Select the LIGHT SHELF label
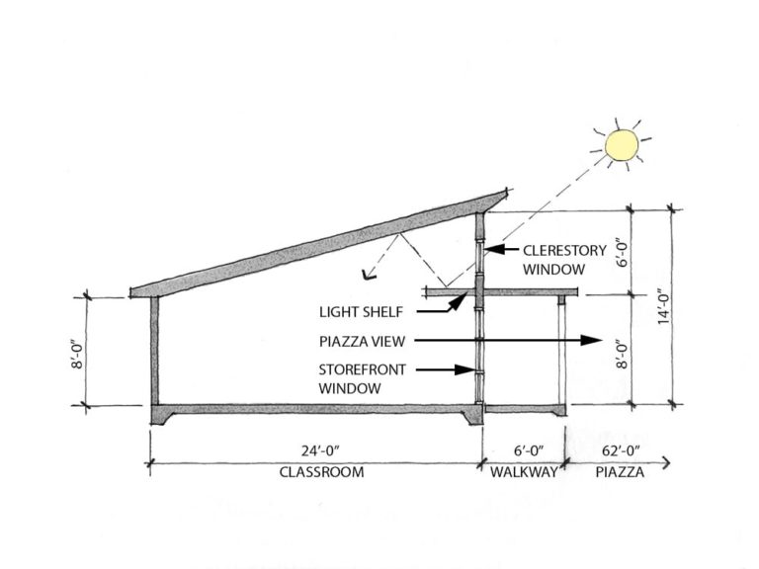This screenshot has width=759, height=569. [x=362, y=311]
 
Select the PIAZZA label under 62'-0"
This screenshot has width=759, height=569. [x=620, y=472]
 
